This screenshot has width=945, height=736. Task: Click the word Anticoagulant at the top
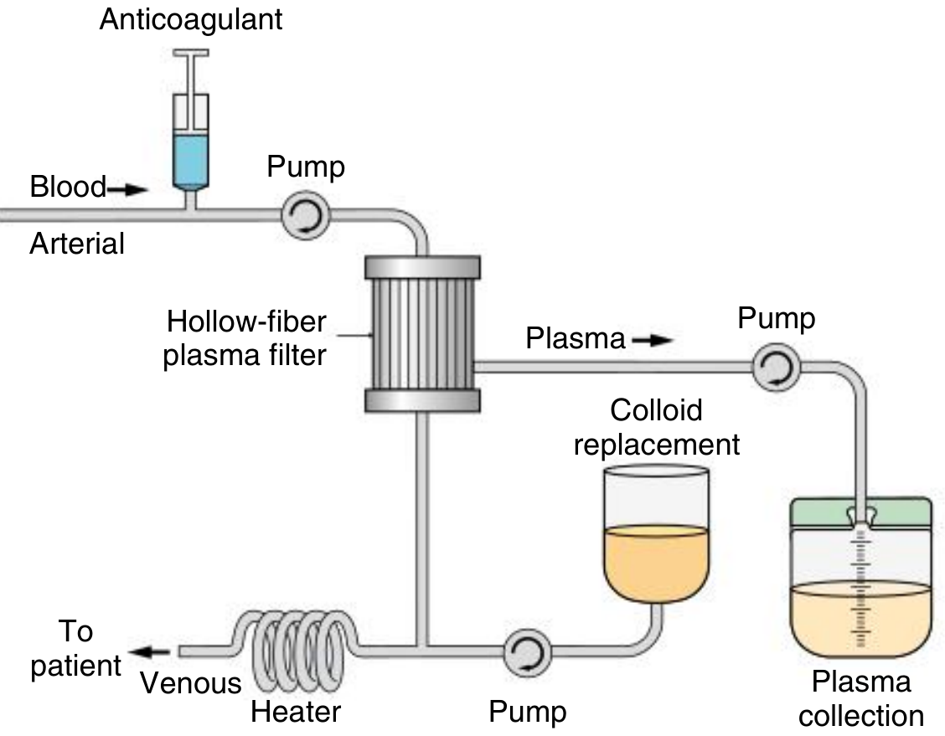[x=191, y=19]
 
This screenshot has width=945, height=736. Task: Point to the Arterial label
[x=77, y=244]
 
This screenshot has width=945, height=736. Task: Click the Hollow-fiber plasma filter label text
[x=245, y=339]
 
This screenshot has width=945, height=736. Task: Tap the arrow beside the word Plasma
[x=653, y=340]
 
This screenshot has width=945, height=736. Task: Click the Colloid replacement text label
[x=656, y=428]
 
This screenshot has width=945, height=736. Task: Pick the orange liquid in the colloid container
[x=656, y=561]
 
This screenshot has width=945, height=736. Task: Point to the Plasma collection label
[x=860, y=698]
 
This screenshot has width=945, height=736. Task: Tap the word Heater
[x=296, y=713]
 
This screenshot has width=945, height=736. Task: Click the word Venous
[x=190, y=683]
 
